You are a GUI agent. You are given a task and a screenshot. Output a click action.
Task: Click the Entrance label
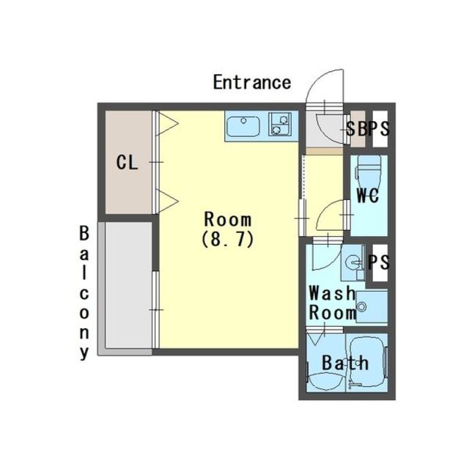(x=252, y=82)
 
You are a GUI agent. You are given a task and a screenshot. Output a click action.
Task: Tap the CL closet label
(x=127, y=163)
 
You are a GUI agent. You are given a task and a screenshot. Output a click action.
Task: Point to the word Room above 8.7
(x=228, y=219)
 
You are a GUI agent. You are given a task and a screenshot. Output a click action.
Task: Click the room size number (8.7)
(x=228, y=239)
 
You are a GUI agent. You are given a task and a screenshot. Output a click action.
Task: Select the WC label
(x=368, y=196)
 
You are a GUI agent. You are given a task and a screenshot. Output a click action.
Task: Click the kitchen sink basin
(x=243, y=127)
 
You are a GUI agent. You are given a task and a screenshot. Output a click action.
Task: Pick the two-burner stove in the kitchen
(x=280, y=124)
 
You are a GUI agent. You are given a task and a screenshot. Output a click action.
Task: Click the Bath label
(x=345, y=363)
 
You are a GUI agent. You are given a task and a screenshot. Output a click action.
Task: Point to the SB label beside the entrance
(x=357, y=129)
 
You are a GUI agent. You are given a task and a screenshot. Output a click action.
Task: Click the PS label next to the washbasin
(x=378, y=262)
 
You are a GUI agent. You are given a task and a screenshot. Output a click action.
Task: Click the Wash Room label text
(x=333, y=303)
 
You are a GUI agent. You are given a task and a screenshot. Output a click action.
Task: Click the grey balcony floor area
(x=129, y=285)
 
